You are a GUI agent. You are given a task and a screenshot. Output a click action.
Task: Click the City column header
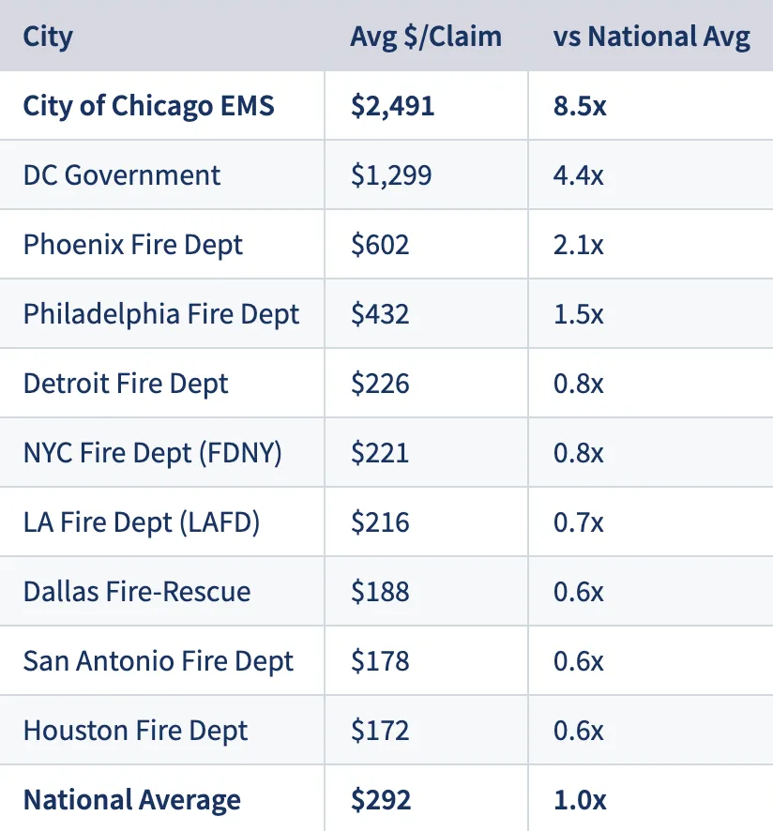48,37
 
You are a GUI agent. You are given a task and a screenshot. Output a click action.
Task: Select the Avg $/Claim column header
425,37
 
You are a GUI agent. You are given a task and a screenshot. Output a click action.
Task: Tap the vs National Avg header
652,37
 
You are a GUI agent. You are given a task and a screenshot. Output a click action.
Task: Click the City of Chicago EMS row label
148,106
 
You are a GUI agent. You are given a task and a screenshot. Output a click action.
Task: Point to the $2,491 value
392,106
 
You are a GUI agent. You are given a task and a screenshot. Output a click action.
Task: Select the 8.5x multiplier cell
580,106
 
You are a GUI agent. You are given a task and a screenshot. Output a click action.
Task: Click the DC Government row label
122,175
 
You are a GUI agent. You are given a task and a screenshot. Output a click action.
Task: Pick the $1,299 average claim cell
391,175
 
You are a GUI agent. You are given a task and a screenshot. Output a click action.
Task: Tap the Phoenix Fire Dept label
132,245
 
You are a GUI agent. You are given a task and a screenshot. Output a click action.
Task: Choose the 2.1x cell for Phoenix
579,245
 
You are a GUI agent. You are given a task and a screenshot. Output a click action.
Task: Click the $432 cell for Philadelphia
380,314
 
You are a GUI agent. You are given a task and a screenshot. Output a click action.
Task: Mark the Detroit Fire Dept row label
126,384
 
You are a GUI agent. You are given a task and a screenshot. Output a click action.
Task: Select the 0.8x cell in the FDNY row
579,453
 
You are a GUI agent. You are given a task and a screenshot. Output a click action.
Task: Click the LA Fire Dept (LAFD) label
141,522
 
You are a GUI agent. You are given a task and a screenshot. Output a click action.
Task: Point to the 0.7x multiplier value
579,522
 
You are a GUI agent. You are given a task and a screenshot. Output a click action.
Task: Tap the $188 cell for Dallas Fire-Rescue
380,592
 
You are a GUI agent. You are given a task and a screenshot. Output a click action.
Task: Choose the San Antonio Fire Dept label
158,661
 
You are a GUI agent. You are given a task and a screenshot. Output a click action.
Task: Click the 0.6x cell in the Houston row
579,731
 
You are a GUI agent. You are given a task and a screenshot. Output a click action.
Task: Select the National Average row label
131,800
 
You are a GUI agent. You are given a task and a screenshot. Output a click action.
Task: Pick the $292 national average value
380,800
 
